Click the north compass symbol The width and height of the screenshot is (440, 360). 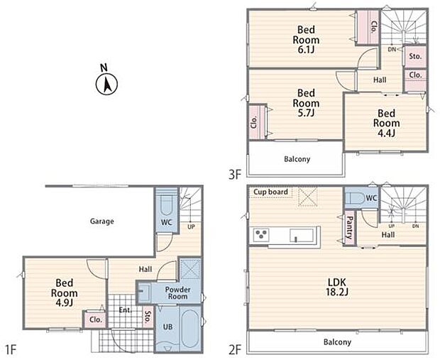(x=106, y=82)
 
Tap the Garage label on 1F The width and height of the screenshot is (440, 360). (x=102, y=222)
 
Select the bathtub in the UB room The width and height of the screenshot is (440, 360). (x=191, y=329)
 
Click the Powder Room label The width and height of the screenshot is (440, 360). (x=177, y=293)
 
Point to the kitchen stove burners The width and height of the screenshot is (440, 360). (x=261, y=234)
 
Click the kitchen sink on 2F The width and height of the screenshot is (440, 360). (x=302, y=235)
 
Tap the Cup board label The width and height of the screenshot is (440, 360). (x=271, y=192)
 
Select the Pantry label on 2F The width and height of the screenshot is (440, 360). (x=350, y=228)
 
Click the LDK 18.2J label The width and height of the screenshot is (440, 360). (x=337, y=287)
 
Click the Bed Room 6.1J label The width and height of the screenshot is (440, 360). (x=306, y=40)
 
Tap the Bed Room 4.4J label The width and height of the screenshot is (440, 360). (x=386, y=123)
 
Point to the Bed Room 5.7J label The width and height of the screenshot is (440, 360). (x=306, y=103)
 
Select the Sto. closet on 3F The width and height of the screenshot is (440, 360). (x=415, y=56)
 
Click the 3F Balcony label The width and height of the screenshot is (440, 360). (x=297, y=159)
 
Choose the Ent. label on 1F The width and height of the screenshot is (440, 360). (x=125, y=310)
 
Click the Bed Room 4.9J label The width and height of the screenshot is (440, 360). (x=65, y=293)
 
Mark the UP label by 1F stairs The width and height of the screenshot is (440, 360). (x=191, y=227)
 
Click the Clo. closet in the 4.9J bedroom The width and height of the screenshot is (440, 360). (x=95, y=320)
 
